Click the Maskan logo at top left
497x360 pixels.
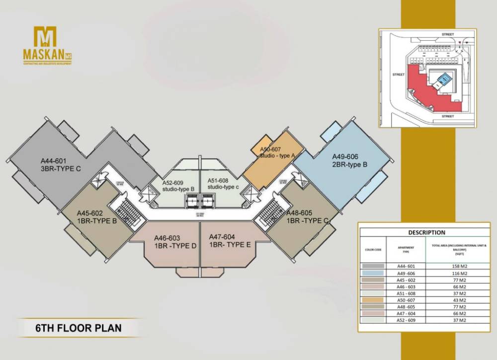(45, 45)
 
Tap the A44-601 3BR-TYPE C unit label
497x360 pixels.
(61, 165)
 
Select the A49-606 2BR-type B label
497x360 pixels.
(349, 160)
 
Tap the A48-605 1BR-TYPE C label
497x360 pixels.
(307, 216)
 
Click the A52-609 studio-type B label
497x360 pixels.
(177, 186)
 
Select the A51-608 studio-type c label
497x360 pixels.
(224, 183)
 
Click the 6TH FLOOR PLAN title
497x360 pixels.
(78, 328)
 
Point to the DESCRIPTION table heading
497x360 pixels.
(426, 232)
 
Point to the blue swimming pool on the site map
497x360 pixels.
(444, 78)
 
